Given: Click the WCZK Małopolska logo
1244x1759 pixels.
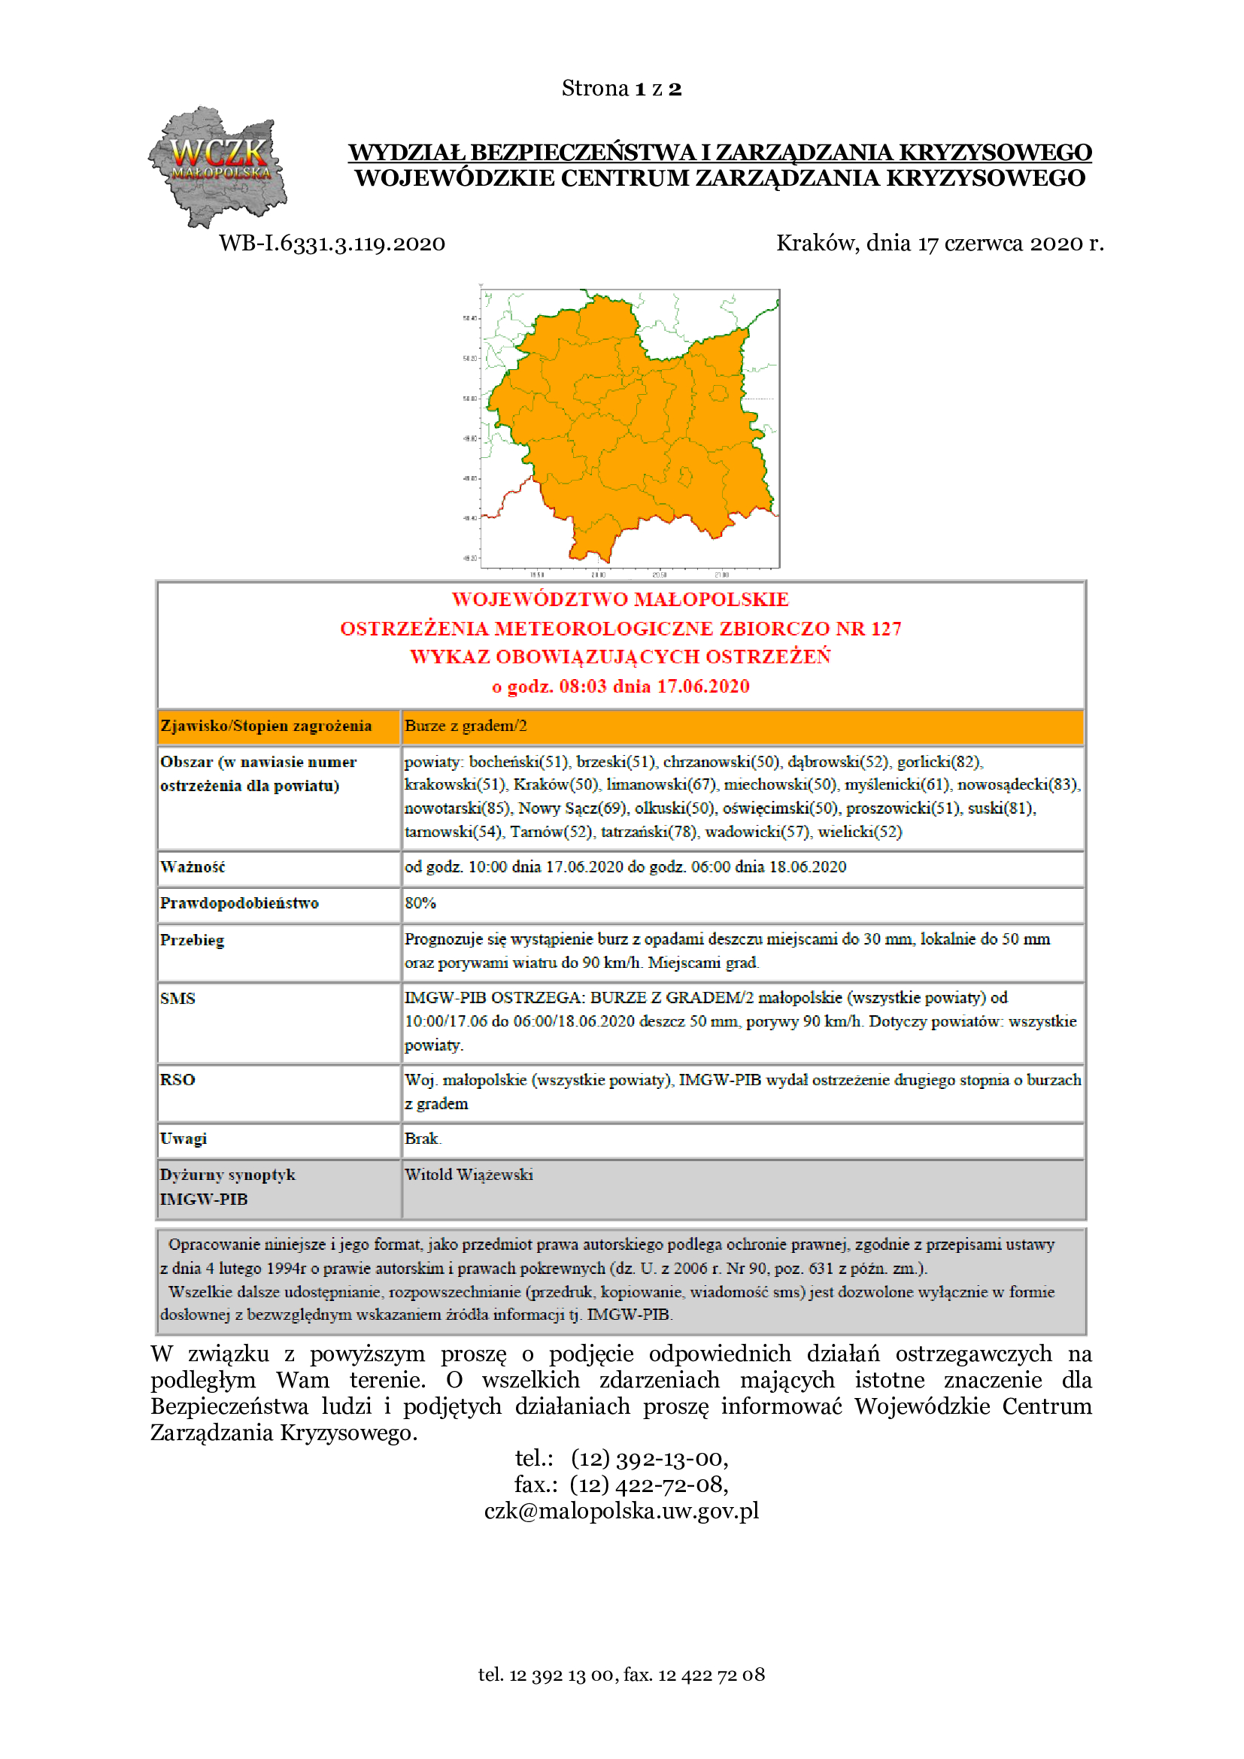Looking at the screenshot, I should [x=217, y=166].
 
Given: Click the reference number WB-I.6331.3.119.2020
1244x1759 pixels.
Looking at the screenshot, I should [x=332, y=244].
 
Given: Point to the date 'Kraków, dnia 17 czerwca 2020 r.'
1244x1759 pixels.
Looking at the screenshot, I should [x=939, y=243].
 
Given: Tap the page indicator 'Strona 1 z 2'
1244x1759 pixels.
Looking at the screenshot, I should [x=621, y=89].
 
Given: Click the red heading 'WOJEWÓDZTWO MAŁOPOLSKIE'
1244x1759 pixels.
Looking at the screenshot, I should [x=620, y=599].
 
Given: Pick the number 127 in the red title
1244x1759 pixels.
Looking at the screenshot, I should [x=885, y=629].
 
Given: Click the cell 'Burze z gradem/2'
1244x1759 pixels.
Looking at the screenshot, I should [x=466, y=726].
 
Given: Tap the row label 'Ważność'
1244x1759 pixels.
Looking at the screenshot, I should [x=193, y=867].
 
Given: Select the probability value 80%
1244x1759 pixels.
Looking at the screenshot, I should [x=420, y=903].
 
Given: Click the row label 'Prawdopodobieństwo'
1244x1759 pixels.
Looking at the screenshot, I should [x=239, y=903].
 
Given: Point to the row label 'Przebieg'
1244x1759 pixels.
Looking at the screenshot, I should [x=193, y=940].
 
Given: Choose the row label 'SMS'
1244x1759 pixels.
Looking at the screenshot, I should [x=177, y=998].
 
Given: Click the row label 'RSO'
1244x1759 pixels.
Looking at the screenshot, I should [x=177, y=1079].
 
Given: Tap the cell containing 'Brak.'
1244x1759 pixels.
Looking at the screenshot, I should [x=423, y=1139].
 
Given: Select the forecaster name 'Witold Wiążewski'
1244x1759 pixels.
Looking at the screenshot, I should [x=469, y=1175].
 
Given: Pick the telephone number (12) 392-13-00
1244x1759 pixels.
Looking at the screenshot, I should [x=650, y=1458].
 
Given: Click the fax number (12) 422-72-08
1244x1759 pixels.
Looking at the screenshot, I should [x=649, y=1484].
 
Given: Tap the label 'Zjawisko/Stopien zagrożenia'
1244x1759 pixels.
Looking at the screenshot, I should [x=265, y=726].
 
